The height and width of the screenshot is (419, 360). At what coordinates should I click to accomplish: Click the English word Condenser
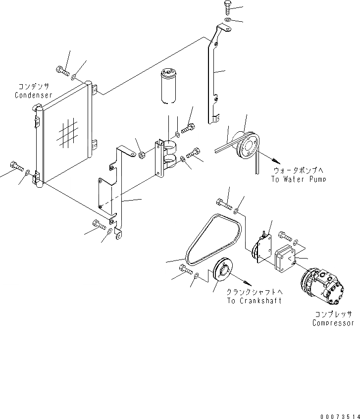click(x=33, y=95)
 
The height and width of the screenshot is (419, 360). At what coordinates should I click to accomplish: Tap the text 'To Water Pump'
click(x=299, y=179)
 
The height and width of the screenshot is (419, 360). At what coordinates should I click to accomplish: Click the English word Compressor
click(x=333, y=323)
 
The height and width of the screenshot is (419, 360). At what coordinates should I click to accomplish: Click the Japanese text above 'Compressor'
click(x=333, y=314)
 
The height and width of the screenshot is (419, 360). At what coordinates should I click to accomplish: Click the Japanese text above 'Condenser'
click(x=33, y=86)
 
